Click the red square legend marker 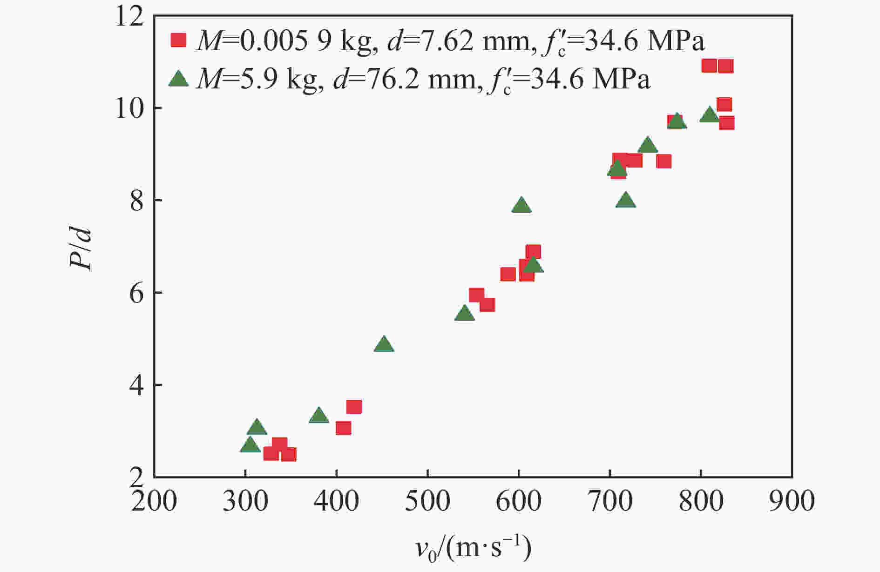tap(178, 40)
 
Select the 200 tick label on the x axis tap(154, 502)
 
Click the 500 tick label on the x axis tap(427, 502)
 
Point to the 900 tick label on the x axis tap(792, 502)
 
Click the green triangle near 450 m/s tap(384, 345)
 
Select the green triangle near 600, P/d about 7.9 tap(521, 205)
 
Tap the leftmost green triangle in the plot tap(250, 445)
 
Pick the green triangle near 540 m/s tap(464, 314)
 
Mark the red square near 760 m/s tap(663, 162)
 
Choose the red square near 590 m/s tap(508, 274)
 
